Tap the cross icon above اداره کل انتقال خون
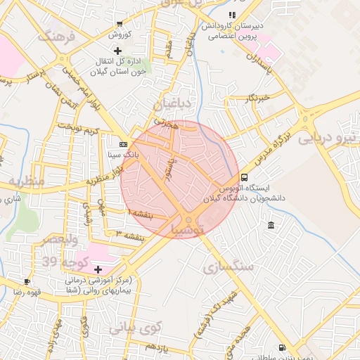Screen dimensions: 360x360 tap(117, 51)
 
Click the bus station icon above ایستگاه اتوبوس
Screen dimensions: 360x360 tap(244, 177)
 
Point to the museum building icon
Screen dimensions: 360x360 tap(271, 225)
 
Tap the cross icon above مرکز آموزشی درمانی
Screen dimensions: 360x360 tap(98, 269)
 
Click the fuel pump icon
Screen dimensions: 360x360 tap(282, 347)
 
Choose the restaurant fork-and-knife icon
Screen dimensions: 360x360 tap(232, 14)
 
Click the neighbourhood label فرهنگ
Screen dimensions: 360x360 tap(56, 37)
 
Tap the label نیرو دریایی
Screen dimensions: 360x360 tap(328, 137)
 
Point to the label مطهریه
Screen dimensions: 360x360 tap(26, 182)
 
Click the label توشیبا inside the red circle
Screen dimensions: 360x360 tap(188, 229)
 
